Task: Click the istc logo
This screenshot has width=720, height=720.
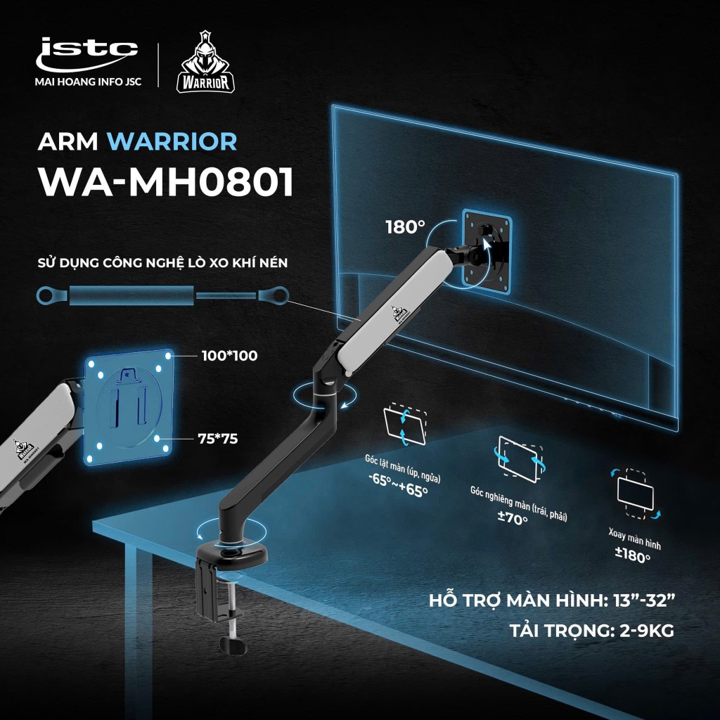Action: point(86,54)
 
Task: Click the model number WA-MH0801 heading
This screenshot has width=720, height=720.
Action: point(166,182)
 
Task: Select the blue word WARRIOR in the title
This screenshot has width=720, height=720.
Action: point(172,141)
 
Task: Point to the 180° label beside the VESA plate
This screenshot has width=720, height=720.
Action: point(405,227)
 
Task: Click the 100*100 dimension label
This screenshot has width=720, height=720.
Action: point(230,355)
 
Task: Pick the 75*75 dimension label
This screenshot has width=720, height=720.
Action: point(218,439)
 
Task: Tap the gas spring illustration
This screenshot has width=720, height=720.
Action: point(162,295)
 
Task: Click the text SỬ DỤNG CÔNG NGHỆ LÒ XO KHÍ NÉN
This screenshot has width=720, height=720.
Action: point(162,263)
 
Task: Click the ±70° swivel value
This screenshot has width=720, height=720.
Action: point(513,518)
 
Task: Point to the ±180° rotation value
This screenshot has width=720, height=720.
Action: point(632,555)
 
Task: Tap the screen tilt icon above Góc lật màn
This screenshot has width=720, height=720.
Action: point(405,424)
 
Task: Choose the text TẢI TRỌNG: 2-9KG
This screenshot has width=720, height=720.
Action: point(591,630)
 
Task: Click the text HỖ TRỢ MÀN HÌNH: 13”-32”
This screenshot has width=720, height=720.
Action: point(553,600)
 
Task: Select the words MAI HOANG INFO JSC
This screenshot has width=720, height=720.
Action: point(88,82)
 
